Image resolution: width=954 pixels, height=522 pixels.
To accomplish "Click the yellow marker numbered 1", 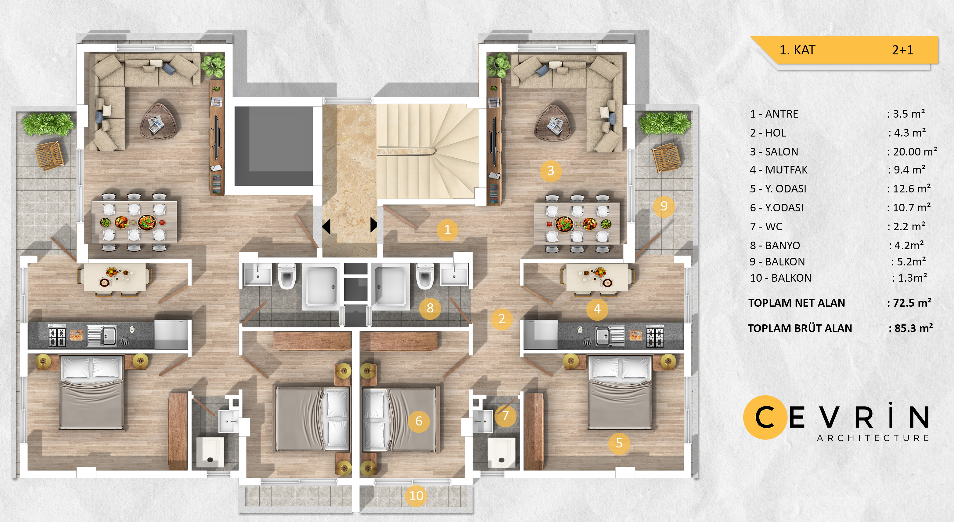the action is pos(447,230).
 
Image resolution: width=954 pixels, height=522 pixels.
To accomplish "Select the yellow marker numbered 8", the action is pos(430,308).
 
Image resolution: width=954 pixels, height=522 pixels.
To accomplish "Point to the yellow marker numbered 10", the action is pos(416,496).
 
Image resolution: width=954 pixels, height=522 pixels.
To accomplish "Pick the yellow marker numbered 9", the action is pos(664,206).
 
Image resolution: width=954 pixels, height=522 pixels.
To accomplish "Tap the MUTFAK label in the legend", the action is pos(786,170).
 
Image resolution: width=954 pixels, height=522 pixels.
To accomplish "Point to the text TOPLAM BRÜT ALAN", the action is pos(800,328).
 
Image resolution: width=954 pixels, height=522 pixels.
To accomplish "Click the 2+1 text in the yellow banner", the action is pos(902,50).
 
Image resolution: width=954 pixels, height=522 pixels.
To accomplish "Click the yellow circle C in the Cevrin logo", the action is pos(765,418).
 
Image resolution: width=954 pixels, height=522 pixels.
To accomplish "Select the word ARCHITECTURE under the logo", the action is pos(873,438).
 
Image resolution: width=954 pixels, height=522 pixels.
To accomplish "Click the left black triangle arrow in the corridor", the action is pos(326,226).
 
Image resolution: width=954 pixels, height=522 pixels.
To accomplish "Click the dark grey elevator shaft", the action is pos(274,146).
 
